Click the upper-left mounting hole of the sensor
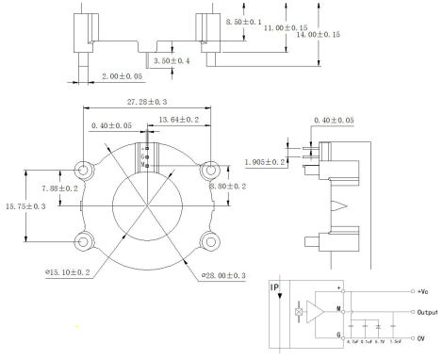[84, 171]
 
